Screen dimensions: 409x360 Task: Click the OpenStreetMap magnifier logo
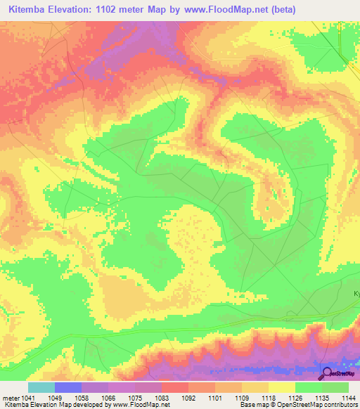tap(328, 374)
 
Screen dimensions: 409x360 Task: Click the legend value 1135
tap(323, 398)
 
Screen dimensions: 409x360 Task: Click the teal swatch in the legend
tap(41, 387)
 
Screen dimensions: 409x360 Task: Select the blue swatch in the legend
tap(68, 387)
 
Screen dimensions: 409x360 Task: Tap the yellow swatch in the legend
tap(282, 387)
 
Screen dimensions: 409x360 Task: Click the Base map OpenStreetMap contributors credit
tap(298, 405)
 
